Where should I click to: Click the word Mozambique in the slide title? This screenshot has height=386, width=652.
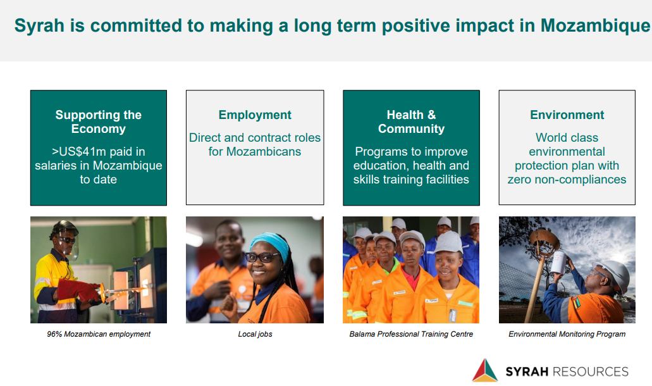pos(595,26)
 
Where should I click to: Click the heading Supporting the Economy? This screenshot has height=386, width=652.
pos(99,121)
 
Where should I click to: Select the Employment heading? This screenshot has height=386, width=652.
pos(255,115)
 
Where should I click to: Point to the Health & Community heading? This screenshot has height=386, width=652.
pos(411,121)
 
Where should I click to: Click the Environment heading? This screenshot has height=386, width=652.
pos(567,115)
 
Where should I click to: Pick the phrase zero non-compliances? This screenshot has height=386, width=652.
pos(567,179)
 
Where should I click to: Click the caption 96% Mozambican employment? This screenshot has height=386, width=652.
pos(99,334)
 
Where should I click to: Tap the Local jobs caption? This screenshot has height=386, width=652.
pos(255,334)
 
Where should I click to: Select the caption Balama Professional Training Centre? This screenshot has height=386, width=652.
pos(411,334)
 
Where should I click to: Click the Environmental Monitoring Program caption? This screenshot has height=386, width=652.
pos(567,334)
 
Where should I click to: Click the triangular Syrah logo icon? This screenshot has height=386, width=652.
pos(485,370)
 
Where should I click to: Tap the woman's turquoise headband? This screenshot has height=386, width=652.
pos(270,244)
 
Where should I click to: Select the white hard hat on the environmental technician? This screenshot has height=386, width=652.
pos(614,274)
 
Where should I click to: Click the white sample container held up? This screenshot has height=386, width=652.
pos(559,262)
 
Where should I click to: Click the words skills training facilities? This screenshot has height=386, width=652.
pos(411,179)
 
